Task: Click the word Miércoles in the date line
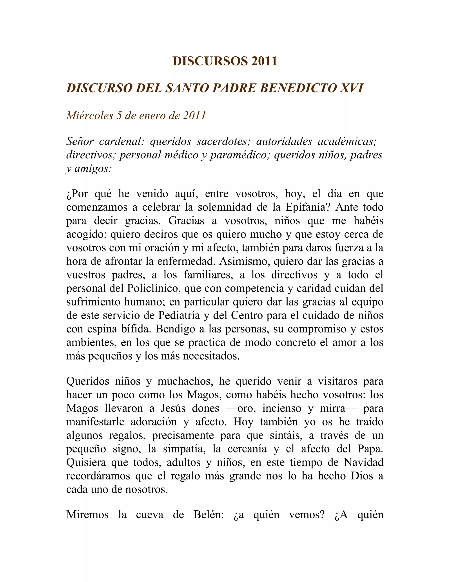point(90,115)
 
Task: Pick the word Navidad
point(364,462)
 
